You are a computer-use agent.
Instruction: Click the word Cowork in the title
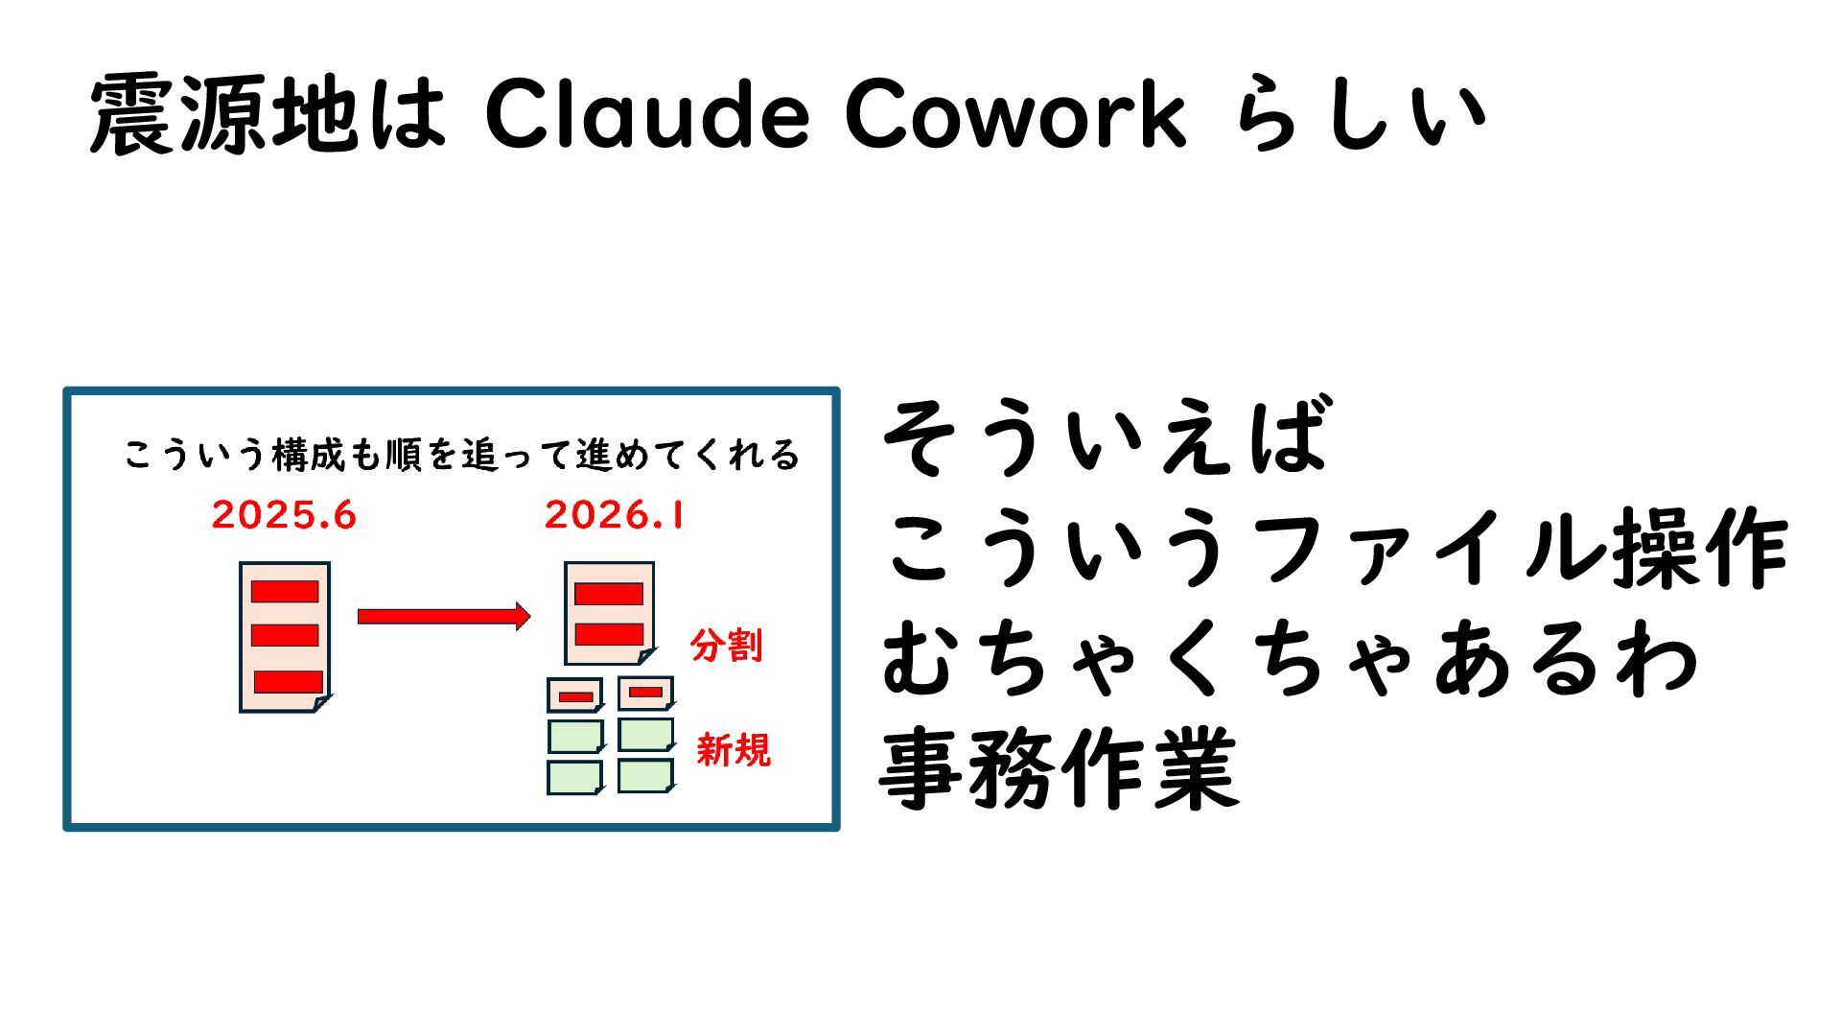coord(1016,115)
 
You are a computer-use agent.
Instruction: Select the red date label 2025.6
coord(284,516)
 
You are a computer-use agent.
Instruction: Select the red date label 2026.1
coord(615,516)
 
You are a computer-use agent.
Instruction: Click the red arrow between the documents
coord(443,616)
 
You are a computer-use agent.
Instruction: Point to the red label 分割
coord(727,646)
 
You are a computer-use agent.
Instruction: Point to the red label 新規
coord(734,749)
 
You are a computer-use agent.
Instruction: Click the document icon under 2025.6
coord(285,637)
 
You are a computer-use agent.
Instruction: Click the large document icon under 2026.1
coord(610,613)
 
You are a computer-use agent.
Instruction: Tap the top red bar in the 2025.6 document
coord(285,591)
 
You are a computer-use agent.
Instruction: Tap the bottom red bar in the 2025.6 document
coord(288,681)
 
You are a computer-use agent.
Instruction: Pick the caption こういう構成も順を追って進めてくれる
coord(461,455)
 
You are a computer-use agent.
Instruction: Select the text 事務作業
coord(1059,769)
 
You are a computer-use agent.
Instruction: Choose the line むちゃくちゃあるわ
coord(1290,659)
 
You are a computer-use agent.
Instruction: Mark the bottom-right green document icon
coord(645,776)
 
